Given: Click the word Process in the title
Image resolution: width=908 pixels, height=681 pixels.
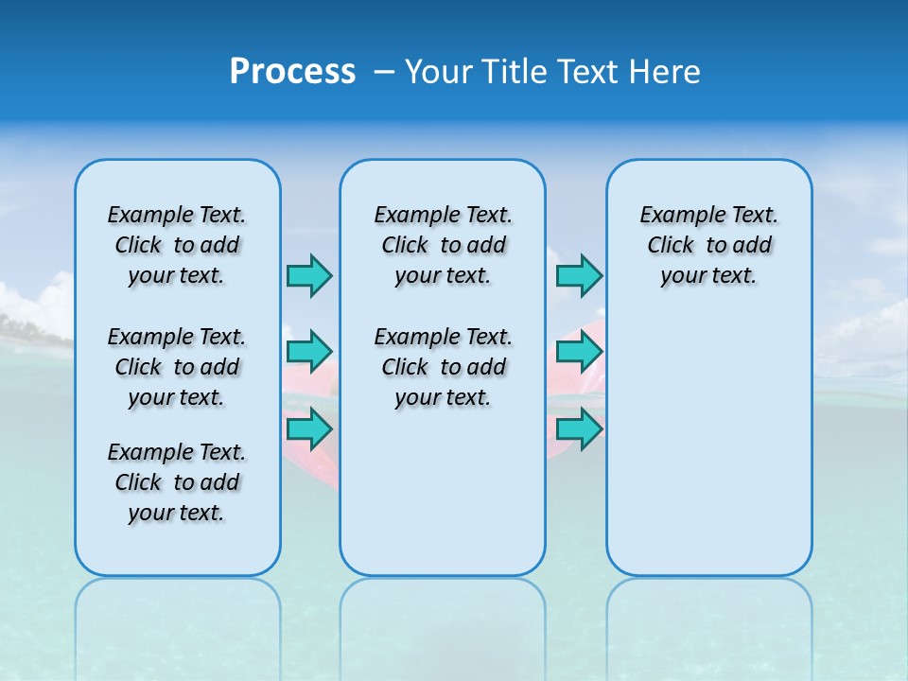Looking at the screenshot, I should point(292,71).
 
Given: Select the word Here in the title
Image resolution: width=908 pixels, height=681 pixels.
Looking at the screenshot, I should point(664,72).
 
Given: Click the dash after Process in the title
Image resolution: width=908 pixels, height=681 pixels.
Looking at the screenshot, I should point(383,73).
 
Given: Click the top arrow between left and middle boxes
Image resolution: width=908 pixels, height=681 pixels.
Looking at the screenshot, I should point(309,275).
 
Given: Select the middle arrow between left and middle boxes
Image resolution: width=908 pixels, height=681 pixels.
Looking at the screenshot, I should point(309,352).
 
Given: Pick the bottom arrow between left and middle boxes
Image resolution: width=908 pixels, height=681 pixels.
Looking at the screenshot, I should point(309,428).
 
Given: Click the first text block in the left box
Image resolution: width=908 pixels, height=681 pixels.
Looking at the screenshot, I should point(177,245).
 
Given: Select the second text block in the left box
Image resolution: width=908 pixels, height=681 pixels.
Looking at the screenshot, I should point(177,367).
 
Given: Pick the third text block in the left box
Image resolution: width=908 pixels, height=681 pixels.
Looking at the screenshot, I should point(177,482).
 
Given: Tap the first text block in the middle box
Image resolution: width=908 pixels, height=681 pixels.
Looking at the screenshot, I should point(443,245).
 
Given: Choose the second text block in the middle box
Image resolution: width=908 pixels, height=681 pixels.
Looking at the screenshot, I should point(443,367).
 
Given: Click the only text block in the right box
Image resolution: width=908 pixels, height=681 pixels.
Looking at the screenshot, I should point(708,245).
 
